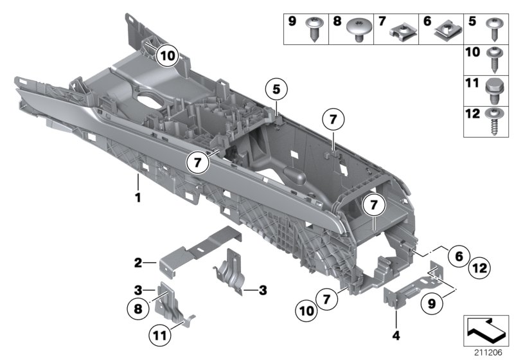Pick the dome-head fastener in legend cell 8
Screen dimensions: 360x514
pyautogui.click(x=358, y=29)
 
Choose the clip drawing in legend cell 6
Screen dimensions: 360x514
pyautogui.click(x=444, y=29)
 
